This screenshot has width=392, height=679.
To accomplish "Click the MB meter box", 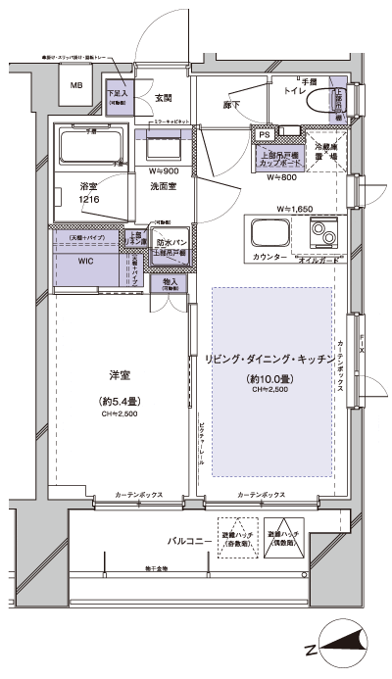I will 75,87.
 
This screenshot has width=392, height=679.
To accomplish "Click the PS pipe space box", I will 264,135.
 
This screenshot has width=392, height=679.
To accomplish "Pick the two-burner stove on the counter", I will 324,235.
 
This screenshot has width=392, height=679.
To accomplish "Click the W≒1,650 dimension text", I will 295,208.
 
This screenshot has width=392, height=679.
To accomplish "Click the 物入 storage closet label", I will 171,282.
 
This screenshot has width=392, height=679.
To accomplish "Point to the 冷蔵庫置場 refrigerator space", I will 326,151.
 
